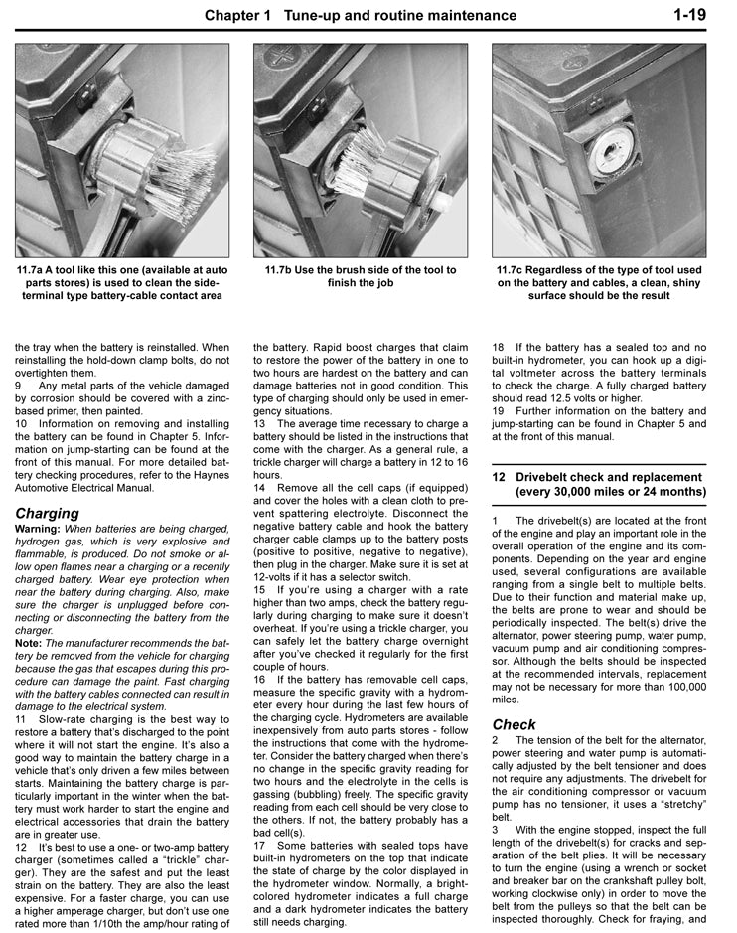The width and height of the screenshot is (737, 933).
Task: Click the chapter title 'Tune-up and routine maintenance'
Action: (399, 15)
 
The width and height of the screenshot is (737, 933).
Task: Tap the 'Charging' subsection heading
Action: (47, 513)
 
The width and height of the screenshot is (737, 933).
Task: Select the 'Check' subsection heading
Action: (514, 724)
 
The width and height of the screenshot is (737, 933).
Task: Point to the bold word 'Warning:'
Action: (39, 529)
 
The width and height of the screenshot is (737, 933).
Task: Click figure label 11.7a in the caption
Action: (37, 270)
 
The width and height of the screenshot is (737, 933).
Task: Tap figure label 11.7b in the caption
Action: (283, 270)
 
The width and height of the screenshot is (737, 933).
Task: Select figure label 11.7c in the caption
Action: (516, 270)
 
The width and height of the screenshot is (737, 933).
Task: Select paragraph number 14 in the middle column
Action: (259, 488)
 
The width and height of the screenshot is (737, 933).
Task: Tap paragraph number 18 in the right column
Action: (499, 347)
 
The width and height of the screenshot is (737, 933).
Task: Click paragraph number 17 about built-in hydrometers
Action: (259, 846)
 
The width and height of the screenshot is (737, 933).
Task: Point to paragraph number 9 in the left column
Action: (19, 385)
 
